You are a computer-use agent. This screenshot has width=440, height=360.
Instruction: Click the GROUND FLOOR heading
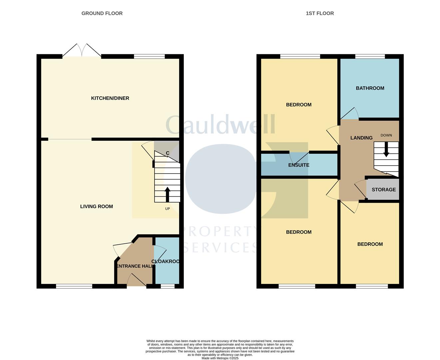click(102, 13)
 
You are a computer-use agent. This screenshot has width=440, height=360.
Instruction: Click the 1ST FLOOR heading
click(320, 13)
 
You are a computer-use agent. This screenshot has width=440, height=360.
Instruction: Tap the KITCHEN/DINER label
click(110, 98)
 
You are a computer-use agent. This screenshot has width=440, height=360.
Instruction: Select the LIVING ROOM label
click(97, 206)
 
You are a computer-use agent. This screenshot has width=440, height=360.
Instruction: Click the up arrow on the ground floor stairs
click(168, 194)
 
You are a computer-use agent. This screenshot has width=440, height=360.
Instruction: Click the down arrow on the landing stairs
click(386, 150)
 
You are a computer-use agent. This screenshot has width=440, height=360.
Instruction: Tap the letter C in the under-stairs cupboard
click(168, 153)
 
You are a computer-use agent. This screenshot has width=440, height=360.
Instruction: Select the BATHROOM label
click(370, 88)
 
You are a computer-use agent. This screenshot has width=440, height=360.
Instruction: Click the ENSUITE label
click(299, 165)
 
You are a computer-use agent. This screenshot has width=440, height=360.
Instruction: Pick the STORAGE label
click(384, 190)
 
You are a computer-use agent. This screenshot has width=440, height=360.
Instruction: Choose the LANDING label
click(361, 138)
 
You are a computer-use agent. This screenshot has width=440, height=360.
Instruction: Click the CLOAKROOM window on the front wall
click(168, 286)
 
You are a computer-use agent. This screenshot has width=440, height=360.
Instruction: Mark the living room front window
click(74, 286)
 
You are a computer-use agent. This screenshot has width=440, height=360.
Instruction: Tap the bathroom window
click(370, 56)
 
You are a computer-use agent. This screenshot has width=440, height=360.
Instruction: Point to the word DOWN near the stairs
click(386, 135)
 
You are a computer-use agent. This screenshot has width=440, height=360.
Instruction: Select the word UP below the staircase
click(168, 209)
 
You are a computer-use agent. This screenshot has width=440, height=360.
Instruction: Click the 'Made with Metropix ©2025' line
click(220, 358)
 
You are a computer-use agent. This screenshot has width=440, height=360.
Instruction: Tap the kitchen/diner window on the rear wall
click(149, 56)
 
